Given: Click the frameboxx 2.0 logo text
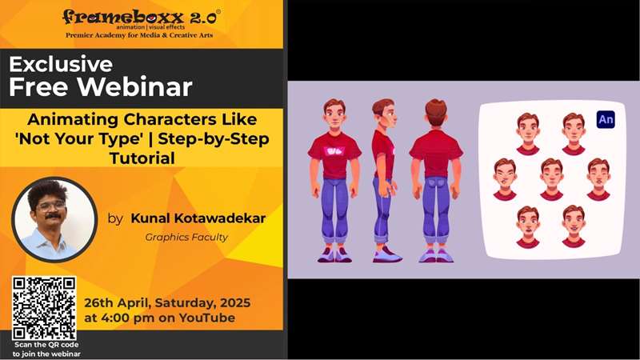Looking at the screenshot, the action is (x=142, y=17).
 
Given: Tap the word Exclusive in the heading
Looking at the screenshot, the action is (x=61, y=64).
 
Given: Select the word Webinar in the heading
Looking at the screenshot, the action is (x=134, y=86).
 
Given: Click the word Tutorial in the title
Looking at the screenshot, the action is (x=142, y=158).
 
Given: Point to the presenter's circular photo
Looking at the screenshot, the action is (x=54, y=218).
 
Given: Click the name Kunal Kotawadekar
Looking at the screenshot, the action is (x=198, y=218).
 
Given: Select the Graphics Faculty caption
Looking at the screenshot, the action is (x=186, y=237).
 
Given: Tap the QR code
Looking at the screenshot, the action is (x=44, y=308).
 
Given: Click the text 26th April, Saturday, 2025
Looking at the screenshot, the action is (x=167, y=303).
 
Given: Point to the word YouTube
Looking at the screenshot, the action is (x=207, y=318).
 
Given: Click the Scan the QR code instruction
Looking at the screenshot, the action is (x=46, y=350).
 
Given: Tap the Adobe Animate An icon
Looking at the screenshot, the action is (x=606, y=119).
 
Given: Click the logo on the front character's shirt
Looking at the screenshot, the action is (x=334, y=151).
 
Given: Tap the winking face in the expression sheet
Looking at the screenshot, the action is (x=505, y=179).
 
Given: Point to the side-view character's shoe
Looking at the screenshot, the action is (x=387, y=254).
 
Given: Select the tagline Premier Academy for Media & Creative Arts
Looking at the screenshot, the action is (x=139, y=35).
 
